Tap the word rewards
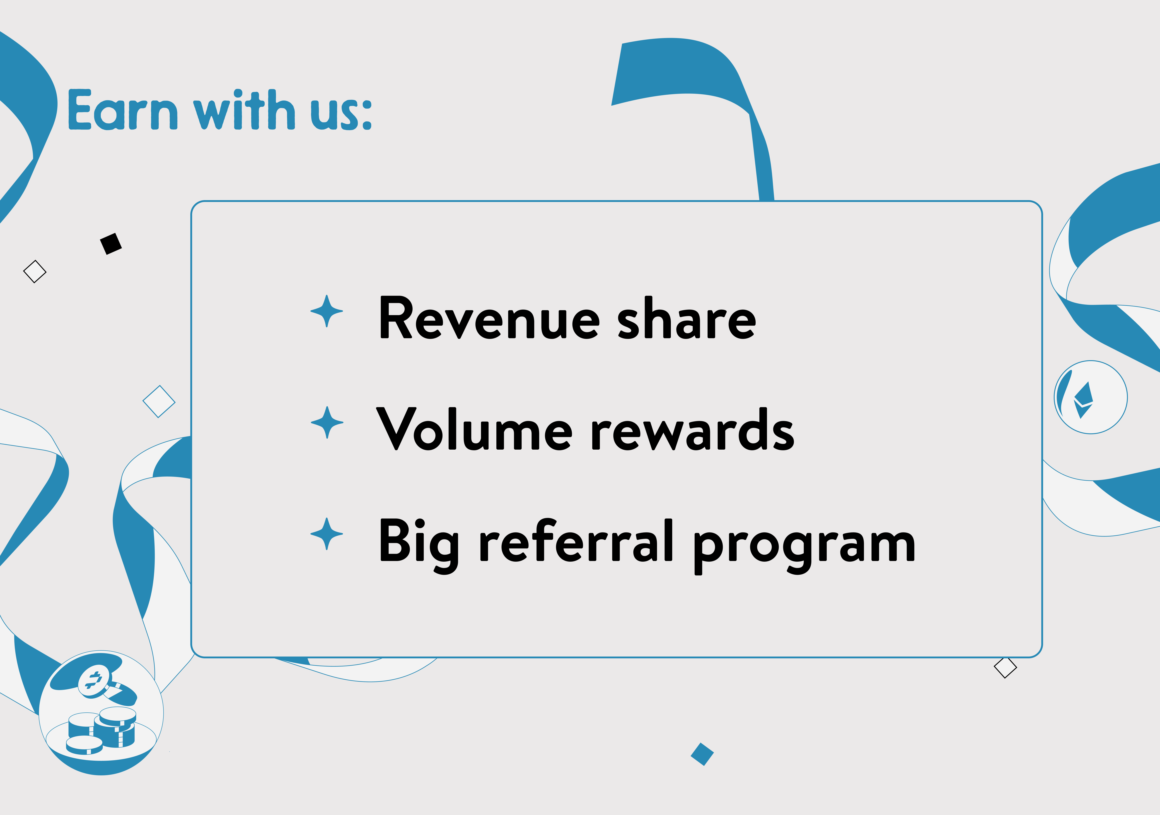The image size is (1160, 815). pos(692,429)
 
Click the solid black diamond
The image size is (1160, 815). pos(111,244)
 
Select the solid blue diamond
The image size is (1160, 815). pos(702,754)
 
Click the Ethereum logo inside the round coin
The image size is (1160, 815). pos(1083,400)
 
